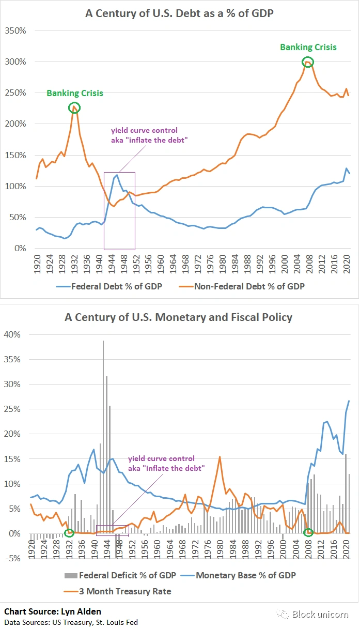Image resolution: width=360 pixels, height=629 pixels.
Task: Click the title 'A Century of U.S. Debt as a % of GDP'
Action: [179, 14]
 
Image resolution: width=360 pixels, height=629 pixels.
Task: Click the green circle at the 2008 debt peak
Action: [308, 62]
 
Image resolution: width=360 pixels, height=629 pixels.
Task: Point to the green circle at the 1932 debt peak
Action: [74, 108]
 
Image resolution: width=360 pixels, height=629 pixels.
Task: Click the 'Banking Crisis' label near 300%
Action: [308, 47]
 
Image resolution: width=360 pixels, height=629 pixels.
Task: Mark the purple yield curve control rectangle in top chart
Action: [119, 210]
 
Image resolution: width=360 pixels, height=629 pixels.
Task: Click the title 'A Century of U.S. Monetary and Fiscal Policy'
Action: [179, 317]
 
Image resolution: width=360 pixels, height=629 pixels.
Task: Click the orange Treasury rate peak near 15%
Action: [220, 457]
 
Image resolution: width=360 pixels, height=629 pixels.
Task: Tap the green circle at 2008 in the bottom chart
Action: [308, 532]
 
